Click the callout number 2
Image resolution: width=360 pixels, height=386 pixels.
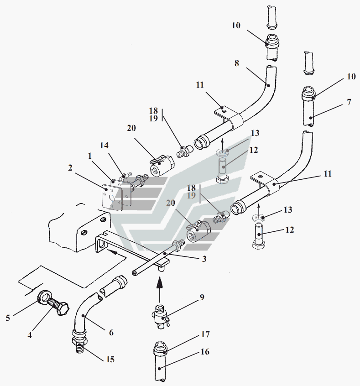point(70,168)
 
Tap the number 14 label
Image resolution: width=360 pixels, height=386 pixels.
point(104,146)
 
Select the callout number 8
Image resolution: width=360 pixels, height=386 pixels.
point(237,63)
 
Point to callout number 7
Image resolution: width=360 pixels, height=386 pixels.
point(349,102)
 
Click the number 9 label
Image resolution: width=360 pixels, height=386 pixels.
point(202,297)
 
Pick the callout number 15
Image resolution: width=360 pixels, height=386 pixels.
point(110,360)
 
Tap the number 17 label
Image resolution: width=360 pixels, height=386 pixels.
point(205,334)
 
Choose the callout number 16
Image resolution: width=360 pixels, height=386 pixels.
point(205,352)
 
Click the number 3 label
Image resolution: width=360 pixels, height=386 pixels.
point(204,259)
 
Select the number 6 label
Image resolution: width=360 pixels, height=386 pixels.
point(111,333)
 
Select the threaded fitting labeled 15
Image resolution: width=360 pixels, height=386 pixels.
point(79,343)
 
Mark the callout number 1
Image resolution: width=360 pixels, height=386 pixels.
point(90,156)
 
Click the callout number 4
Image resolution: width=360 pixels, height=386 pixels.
point(30,335)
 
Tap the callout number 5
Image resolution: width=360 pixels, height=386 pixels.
point(8,318)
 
